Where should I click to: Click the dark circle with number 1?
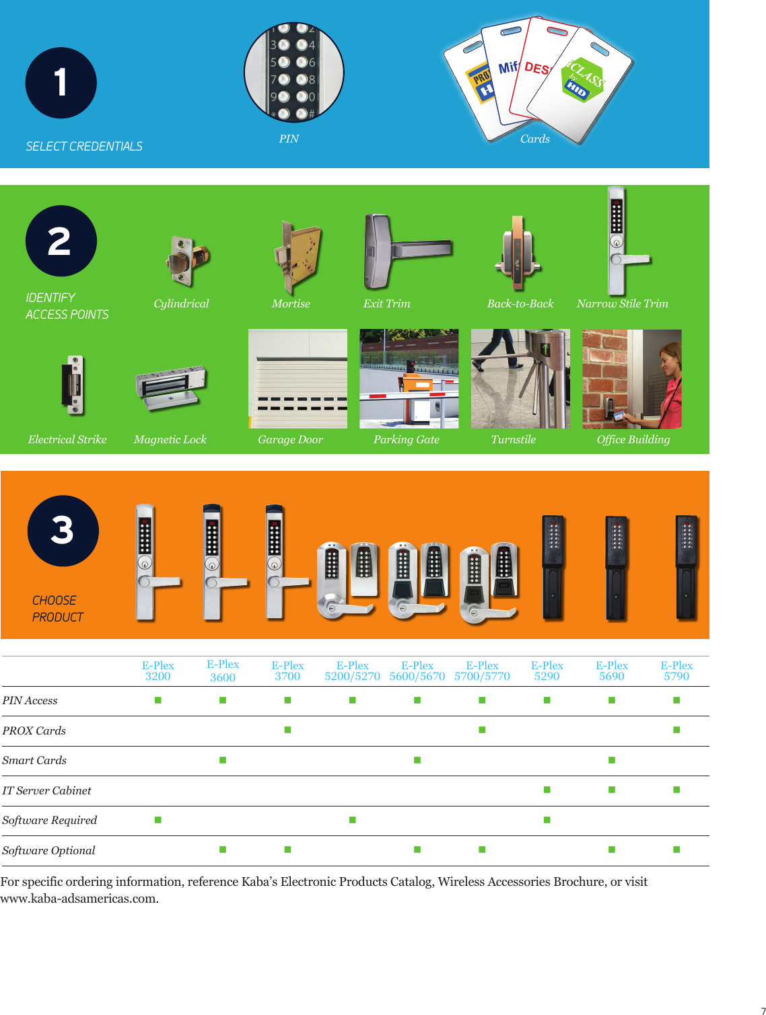pos(61,83)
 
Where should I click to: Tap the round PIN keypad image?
pos(293,72)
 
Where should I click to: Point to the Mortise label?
pos(291,304)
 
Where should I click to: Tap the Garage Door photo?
pos(298,379)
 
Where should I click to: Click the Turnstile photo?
pos(520,379)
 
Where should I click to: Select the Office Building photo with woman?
pos(631,379)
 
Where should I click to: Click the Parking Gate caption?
pos(407,440)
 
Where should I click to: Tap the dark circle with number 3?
pos(63,531)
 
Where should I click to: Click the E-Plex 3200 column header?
pos(158,671)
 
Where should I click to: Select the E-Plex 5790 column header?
pos(676,671)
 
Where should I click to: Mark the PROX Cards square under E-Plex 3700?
pos(287,730)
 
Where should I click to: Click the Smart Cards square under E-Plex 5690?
pos(612,760)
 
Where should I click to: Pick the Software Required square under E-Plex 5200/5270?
pos(353,820)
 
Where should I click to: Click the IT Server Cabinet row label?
pos(47,791)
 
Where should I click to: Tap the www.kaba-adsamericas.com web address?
pos(79,899)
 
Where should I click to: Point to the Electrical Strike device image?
pos(73,385)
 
